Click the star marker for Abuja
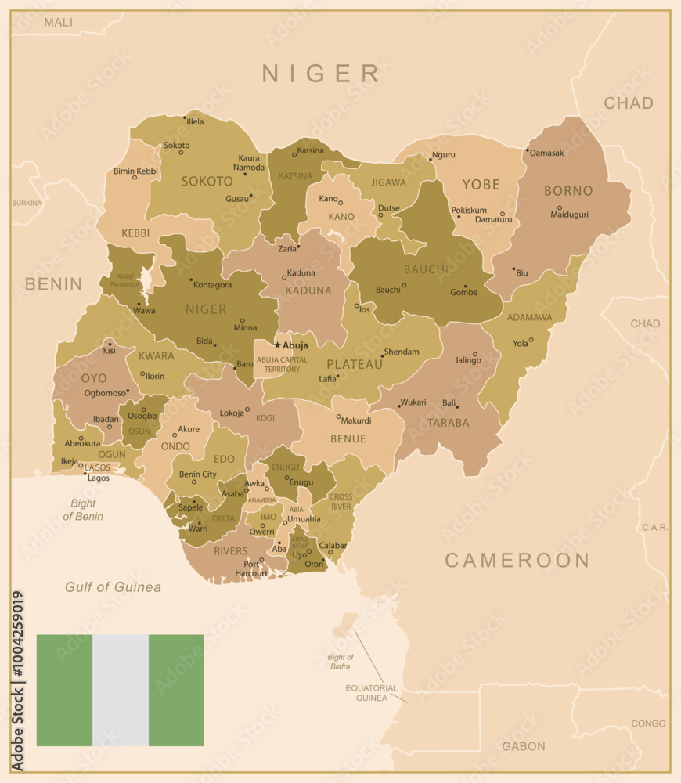[277, 345]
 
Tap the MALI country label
[58, 22]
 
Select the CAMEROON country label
[517, 560]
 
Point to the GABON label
[523, 746]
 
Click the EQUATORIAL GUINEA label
[371, 693]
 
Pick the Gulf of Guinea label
[113, 587]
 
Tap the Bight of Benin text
[83, 511]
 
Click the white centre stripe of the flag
[121, 690]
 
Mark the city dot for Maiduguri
[559, 208]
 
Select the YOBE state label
[481, 185]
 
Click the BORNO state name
[568, 190]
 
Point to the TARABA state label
[448, 423]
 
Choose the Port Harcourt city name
[251, 568]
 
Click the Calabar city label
[333, 546]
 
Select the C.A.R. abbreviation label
[655, 528]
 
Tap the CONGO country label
[648, 723]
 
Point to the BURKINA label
[27, 203]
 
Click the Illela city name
[194, 121]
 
